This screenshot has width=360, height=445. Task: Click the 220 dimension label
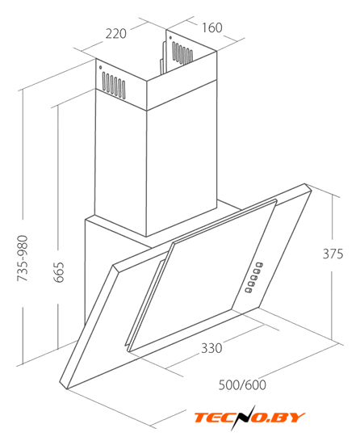point(115,33)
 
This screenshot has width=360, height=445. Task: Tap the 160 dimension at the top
point(211,27)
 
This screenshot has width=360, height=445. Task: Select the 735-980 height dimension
point(23,258)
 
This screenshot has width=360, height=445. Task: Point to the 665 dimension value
point(59,272)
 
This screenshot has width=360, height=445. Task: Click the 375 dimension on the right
point(333,254)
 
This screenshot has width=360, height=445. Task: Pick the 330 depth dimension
point(211,348)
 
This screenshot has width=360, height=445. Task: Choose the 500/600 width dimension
point(242,385)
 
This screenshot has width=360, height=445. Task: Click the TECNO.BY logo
point(249,418)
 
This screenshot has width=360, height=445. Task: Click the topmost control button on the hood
point(260,265)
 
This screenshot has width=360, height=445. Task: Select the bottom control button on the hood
point(249,290)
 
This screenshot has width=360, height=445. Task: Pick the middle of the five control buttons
point(254,277)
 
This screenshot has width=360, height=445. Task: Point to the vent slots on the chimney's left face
point(114,85)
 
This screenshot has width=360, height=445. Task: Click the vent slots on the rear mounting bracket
point(182,53)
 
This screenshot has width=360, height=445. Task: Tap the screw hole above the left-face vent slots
point(100,68)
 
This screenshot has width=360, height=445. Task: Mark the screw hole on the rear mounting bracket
point(170,37)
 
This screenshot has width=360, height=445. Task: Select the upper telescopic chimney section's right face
point(182,81)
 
